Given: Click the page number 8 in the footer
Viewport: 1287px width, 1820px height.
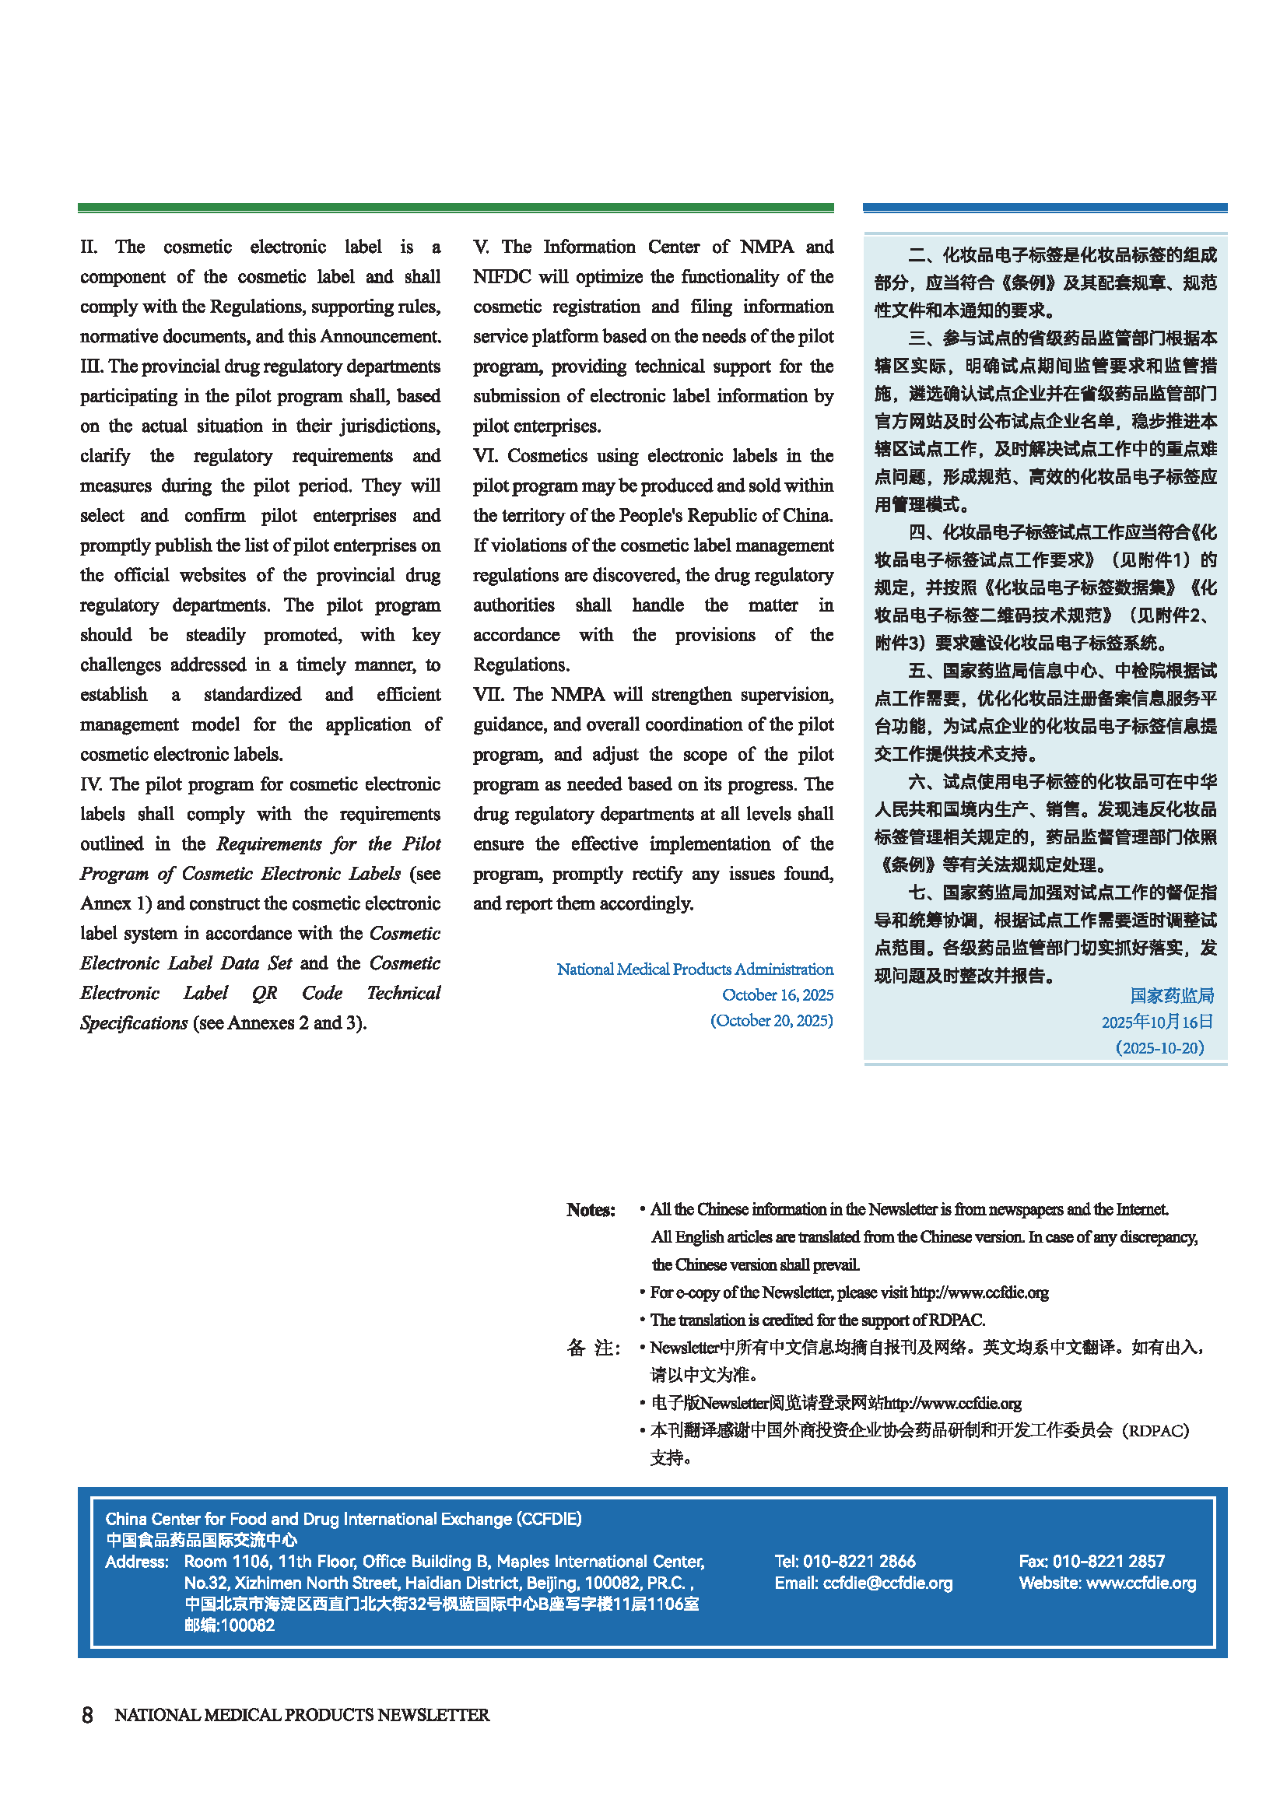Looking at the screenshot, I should click(87, 1715).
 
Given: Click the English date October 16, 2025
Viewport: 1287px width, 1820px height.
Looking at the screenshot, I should click(777, 995).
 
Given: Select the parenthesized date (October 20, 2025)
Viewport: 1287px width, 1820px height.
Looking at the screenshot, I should click(771, 1021).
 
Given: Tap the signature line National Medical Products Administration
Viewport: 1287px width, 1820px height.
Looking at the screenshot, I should click(694, 969).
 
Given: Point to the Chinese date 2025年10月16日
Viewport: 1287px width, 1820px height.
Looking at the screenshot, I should click(1157, 1022).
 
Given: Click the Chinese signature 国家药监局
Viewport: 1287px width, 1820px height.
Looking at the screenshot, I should click(1171, 996).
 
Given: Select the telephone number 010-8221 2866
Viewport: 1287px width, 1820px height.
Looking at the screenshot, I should click(859, 1562).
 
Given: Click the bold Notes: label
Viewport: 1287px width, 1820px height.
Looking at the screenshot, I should click(591, 1210).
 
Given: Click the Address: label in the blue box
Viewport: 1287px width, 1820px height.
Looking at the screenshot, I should click(136, 1562).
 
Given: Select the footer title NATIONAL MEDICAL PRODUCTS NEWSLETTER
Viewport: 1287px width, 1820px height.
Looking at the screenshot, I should click(302, 1715).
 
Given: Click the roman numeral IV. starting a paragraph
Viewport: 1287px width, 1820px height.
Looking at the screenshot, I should click(92, 784).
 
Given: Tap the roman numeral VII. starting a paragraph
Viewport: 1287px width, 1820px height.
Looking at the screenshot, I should click(489, 694).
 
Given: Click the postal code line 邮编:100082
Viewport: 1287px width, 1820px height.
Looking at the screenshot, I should click(229, 1625).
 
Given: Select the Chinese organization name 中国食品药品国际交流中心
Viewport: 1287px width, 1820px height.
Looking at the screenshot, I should click(202, 1540).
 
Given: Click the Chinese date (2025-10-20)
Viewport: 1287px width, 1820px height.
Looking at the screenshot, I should click(1159, 1048).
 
